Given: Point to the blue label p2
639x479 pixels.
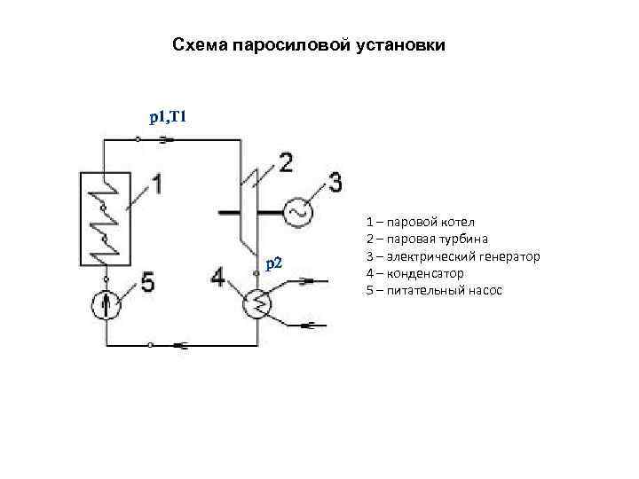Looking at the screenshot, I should coord(274,263).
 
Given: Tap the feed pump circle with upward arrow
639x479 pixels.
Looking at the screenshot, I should coord(106,305).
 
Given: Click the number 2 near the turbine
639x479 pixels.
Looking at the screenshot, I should coord(286,163).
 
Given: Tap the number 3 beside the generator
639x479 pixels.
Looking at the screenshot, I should coord(335,184).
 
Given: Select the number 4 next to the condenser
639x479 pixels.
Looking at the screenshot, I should coord(218,279).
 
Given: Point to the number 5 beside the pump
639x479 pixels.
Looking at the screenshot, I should coord(146,284).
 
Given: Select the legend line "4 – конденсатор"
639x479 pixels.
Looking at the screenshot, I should coord(414,273).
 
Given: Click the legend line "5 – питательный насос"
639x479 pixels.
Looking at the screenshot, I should coord(434,290).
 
